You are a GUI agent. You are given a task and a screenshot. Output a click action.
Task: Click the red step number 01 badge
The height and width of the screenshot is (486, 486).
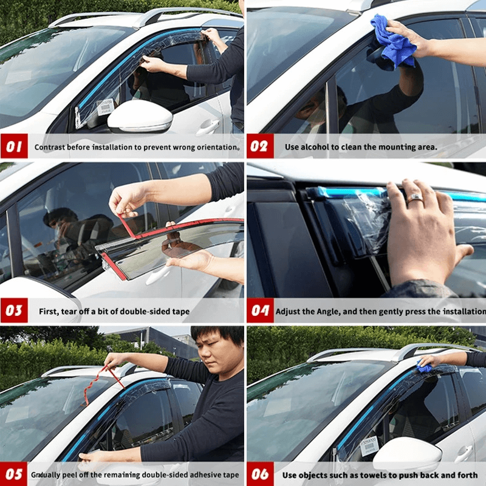tap(14, 146)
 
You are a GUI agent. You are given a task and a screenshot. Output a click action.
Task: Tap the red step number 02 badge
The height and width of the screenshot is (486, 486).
tap(260, 146)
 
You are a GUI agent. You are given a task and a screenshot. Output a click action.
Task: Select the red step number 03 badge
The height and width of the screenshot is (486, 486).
tap(14, 310)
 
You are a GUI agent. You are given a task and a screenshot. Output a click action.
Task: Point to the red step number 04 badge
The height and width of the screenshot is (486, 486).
tap(260, 310)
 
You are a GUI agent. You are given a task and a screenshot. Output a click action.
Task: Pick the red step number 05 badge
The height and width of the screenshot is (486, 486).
tap(14, 474)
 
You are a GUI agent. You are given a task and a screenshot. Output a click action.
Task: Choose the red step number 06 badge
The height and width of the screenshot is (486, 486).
tap(260, 474)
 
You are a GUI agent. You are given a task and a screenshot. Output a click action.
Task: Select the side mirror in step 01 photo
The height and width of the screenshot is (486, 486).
tap(140, 117)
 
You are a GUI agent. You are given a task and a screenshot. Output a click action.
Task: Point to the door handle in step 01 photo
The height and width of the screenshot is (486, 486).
tap(208, 126)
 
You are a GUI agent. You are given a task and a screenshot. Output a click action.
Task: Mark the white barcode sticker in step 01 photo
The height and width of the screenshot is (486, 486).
tap(105, 106)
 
